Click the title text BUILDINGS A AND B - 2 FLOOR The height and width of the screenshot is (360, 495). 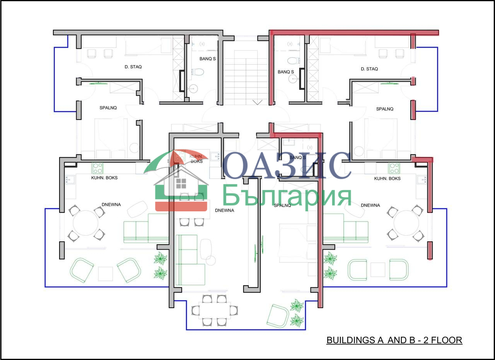point(394,340)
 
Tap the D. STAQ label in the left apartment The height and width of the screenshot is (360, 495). point(133,67)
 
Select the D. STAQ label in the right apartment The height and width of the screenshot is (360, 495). point(369,69)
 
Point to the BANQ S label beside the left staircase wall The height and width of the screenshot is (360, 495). point(208,59)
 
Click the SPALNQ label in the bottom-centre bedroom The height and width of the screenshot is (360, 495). point(282,206)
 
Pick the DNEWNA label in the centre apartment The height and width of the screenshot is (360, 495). point(225,210)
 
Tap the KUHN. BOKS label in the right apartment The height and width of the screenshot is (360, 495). point(387,178)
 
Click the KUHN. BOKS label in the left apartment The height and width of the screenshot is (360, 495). point(104,178)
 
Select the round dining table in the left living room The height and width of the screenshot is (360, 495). point(85,223)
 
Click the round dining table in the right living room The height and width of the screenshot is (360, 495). point(406,223)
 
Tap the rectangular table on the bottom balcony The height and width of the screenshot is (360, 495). point(215,310)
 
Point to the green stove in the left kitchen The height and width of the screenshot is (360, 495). point(97,168)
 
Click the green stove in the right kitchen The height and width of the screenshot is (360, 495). point(394,168)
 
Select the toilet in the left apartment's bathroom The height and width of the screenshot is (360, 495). point(197,72)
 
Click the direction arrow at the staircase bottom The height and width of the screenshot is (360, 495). point(258,102)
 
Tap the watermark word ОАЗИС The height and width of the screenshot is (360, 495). point(287,165)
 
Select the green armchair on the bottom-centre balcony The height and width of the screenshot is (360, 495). point(278,316)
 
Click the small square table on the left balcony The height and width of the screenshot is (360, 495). point(106,274)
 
